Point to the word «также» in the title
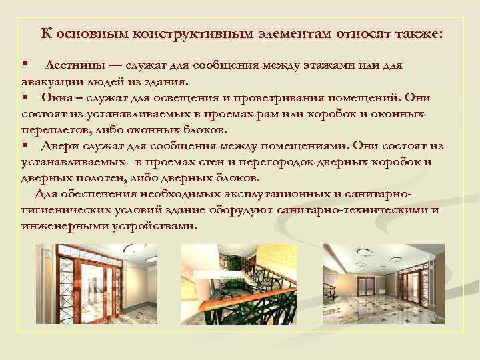pos(410,33)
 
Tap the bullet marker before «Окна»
pos(24,97)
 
